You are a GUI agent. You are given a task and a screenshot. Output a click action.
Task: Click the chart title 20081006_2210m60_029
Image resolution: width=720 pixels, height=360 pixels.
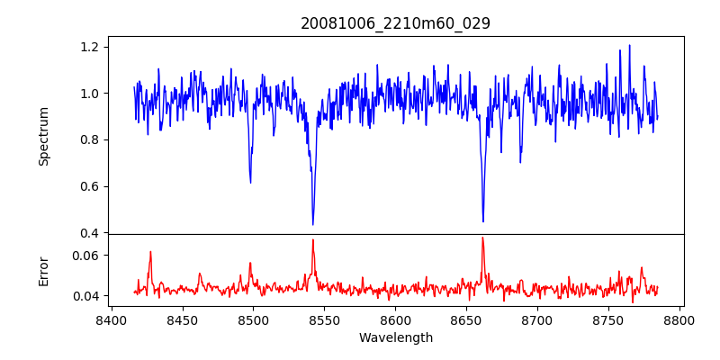coord(395,23)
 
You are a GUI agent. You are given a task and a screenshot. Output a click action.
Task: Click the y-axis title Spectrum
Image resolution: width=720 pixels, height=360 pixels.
coord(43,136)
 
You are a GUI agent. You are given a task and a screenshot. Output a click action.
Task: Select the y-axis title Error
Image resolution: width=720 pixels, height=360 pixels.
coord(43,271)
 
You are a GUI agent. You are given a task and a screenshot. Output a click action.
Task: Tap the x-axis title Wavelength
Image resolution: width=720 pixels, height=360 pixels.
coord(395,338)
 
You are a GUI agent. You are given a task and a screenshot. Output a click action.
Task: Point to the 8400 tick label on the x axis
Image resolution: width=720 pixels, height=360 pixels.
coord(111,320)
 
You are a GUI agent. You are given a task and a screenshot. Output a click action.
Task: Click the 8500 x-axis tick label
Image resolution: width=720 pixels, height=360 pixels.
coord(253,320)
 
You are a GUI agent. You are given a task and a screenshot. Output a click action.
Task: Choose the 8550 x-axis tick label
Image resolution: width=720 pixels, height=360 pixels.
coord(324,320)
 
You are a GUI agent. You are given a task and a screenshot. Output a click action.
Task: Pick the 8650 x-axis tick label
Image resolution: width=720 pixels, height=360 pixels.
coord(466,320)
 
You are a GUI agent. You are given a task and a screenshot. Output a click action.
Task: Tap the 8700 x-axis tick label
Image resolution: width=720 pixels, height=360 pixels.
coord(537,320)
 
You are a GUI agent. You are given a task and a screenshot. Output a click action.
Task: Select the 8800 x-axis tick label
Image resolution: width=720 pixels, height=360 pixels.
coord(679,320)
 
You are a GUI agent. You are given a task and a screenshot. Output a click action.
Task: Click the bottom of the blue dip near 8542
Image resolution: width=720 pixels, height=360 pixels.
coord(312,224)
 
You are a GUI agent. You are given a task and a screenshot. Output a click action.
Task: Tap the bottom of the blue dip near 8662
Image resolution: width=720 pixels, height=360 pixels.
coord(483,221)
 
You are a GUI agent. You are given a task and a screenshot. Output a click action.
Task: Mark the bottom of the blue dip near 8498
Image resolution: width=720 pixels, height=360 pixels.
coord(250,183)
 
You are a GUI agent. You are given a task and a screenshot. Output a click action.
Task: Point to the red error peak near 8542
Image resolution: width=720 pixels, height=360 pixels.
coord(312,239)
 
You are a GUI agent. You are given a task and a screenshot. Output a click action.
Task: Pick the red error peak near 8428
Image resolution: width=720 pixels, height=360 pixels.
coord(150,252)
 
